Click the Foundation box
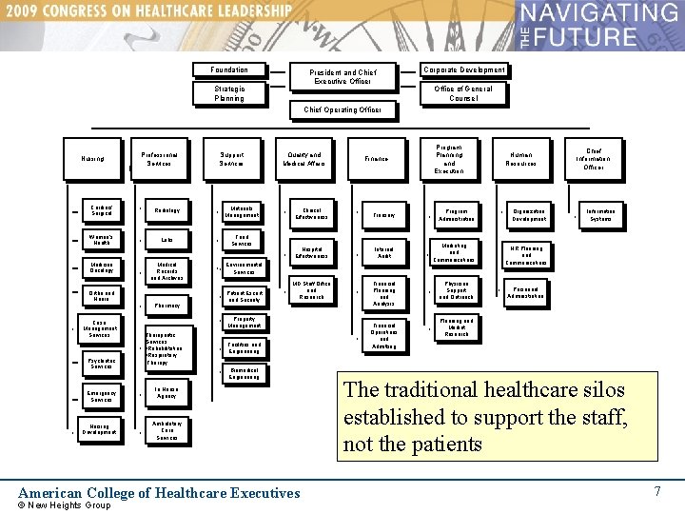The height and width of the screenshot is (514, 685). pos(228,69)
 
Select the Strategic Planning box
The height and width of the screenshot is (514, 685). pos(228,93)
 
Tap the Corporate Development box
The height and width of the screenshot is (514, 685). pos(463,69)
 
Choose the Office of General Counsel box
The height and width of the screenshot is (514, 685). pos(463,93)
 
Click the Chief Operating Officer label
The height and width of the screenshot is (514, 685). pos(342,110)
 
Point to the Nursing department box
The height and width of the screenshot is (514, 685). pos(93,159)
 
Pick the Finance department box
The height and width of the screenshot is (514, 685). pos(376,159)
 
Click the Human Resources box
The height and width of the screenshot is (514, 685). pos(521,159)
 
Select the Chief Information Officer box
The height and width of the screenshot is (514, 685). pos(593,158)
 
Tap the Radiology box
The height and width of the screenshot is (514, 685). pos(166,210)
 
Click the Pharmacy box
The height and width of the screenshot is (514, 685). pos(166,306)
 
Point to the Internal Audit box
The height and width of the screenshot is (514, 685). pos(384,252)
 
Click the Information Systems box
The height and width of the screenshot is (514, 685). pos(600,215)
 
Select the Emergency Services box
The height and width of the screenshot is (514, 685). pos(101,396)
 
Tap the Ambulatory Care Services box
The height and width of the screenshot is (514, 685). pos(166,430)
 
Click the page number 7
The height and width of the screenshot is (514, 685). pos(656,491)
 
